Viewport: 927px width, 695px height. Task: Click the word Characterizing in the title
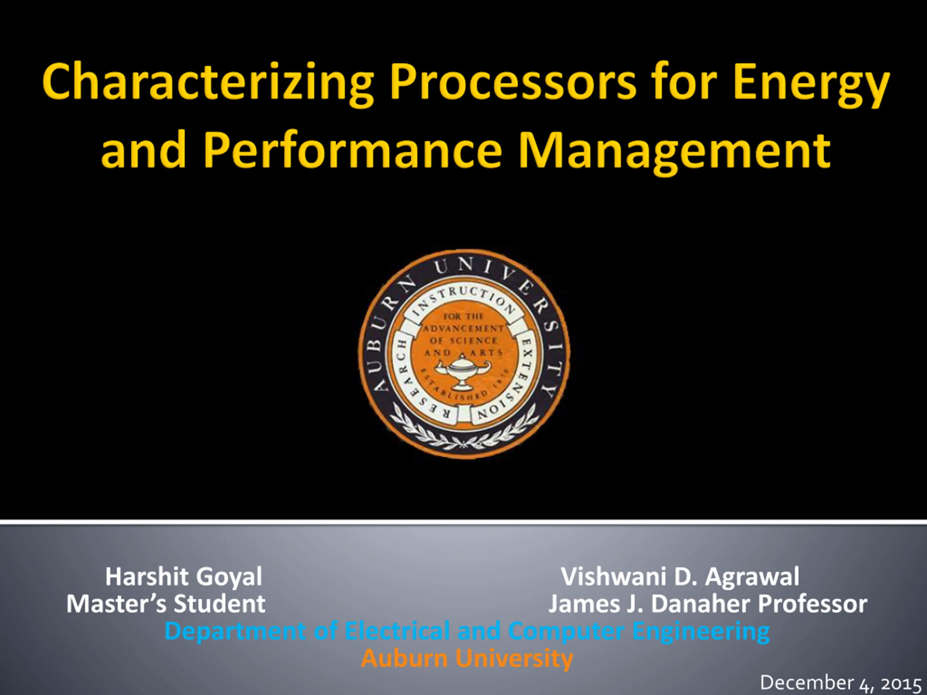pyautogui.click(x=208, y=83)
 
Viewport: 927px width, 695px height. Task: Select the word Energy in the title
pyautogui.click(x=810, y=83)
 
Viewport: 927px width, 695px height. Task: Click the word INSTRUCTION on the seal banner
pyautogui.click(x=464, y=300)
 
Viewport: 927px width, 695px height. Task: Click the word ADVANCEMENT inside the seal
pyautogui.click(x=463, y=328)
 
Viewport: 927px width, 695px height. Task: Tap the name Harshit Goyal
pyautogui.click(x=184, y=577)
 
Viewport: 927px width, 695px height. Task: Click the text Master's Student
pyautogui.click(x=166, y=604)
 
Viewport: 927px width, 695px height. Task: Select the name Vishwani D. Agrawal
pyautogui.click(x=680, y=577)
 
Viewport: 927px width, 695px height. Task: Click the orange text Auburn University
pyautogui.click(x=467, y=658)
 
